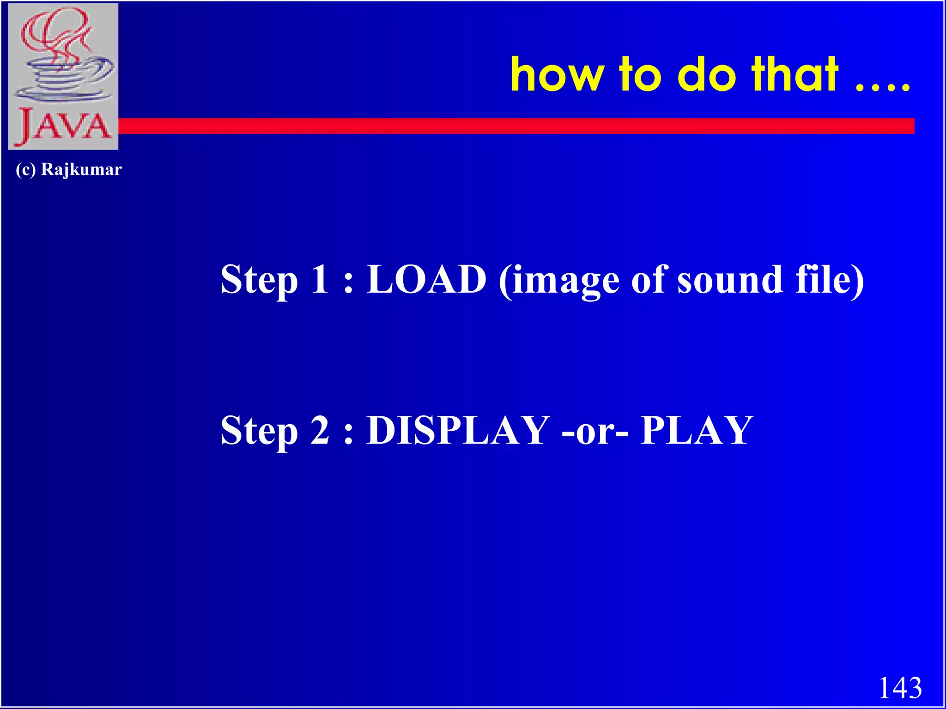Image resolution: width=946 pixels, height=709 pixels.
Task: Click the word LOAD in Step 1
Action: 426,280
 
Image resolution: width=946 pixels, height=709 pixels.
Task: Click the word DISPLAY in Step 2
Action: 458,430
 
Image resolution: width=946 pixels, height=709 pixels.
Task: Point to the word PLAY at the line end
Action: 697,430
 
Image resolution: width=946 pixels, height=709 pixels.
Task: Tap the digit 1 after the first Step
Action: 320,280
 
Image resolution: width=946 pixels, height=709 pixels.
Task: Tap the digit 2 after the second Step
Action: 320,430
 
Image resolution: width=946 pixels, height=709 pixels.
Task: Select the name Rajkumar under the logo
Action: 81,169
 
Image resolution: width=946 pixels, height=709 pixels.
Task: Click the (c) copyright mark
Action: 25,169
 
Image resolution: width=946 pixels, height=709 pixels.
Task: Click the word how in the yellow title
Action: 557,75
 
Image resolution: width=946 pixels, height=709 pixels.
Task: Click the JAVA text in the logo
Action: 63,126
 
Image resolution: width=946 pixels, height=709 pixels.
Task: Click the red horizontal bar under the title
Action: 508,126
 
